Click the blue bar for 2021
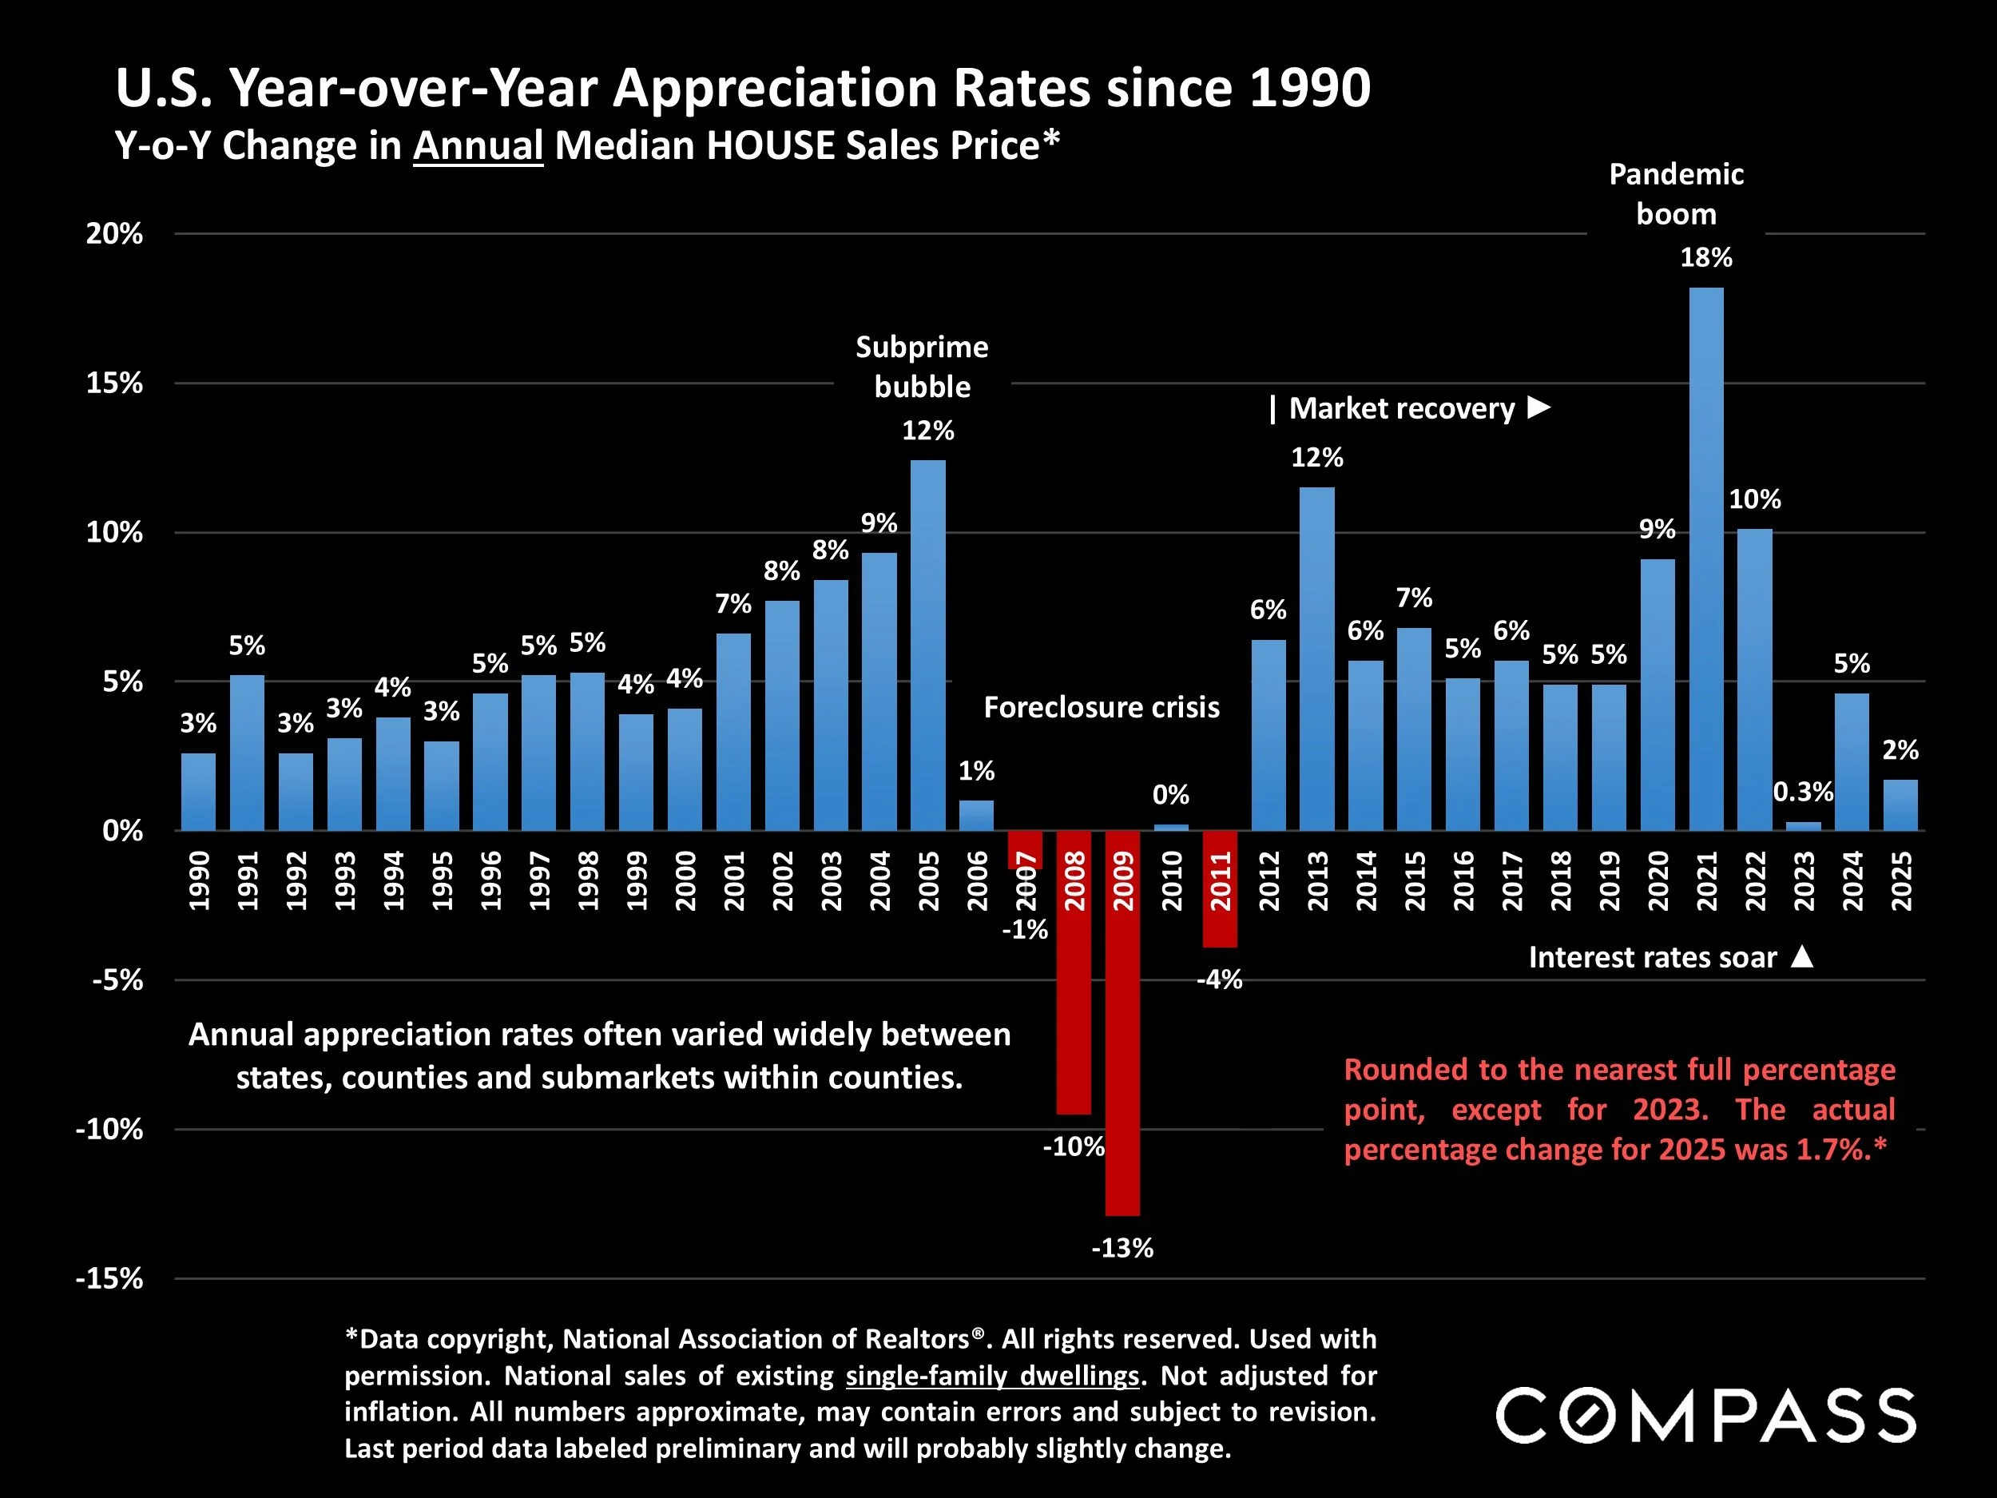[1705, 560]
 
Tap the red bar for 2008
[1074, 972]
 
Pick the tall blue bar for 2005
[927, 646]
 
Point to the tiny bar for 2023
[1803, 826]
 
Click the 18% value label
[1705, 258]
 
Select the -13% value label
[1122, 1248]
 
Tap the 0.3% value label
[1803, 792]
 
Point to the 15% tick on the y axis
[115, 383]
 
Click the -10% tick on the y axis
[109, 1130]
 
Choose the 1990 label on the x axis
[199, 880]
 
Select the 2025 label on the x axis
[1900, 880]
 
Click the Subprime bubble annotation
[922, 367]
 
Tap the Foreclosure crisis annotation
[1102, 707]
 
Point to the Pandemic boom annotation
[1676, 194]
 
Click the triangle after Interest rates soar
[1801, 957]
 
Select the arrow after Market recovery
[1538, 408]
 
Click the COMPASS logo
[1705, 1416]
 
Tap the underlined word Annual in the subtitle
[478, 146]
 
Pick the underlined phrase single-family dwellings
[992, 1375]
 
